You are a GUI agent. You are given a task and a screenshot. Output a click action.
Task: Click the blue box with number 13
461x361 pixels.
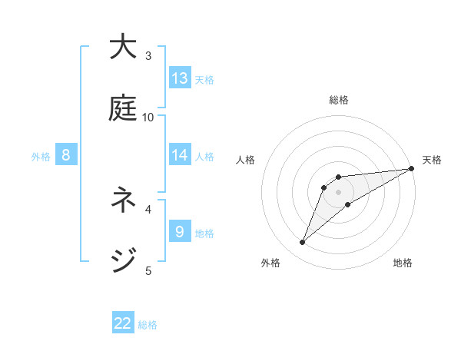180,78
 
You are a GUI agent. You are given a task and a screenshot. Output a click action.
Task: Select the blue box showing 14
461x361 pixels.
180,155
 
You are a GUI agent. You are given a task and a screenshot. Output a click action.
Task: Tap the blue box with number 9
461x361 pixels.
180,231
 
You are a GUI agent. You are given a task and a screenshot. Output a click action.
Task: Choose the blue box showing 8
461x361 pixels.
66,155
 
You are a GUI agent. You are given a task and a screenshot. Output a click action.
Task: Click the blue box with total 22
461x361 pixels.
123,323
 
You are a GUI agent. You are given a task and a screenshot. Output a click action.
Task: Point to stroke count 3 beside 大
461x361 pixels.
148,55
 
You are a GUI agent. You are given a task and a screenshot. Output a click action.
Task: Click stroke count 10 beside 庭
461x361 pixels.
148,117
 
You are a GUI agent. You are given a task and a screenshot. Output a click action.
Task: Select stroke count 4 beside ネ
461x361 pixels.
148,208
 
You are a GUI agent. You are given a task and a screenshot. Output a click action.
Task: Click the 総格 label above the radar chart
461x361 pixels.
339,100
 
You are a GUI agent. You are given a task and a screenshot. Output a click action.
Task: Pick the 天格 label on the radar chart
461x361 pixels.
432,160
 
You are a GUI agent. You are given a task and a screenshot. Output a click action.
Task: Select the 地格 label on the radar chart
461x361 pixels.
403,263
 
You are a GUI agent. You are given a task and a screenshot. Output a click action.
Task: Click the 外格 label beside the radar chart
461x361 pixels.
270,263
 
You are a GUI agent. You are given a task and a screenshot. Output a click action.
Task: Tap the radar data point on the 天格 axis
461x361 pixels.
412,168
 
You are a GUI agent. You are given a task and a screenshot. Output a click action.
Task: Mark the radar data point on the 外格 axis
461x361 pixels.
302,243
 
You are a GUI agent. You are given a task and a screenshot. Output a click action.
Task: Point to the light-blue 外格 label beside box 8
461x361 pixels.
41,156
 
